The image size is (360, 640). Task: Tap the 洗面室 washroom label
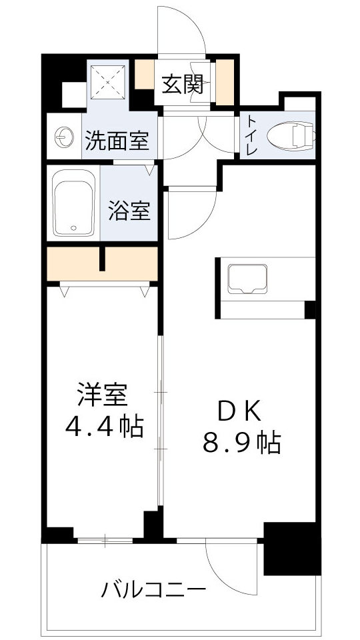(x=116, y=141)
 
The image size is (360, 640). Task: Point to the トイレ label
(x=252, y=135)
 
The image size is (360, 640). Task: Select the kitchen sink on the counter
(x=247, y=279)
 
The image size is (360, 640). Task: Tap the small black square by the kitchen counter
(x=309, y=310)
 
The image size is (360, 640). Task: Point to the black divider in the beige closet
(x=103, y=259)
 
